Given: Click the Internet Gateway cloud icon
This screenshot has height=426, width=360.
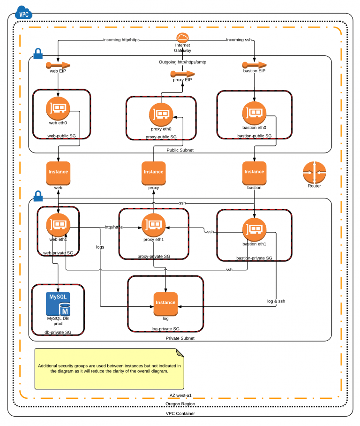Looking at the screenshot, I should (182, 38).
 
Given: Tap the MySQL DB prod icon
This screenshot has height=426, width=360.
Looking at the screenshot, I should (58, 304).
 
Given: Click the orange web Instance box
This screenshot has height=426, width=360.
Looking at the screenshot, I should (58, 172).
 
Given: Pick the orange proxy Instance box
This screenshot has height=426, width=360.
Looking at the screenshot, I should (153, 172).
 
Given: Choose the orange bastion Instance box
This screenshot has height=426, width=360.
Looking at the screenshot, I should (254, 172).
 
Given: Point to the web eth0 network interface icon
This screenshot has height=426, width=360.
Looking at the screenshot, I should (58, 108).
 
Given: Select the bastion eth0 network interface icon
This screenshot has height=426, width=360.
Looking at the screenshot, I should (254, 113).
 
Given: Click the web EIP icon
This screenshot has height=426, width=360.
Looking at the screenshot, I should (59, 65).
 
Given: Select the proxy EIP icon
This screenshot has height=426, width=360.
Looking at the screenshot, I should (182, 74).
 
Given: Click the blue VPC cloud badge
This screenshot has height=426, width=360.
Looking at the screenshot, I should (23, 13).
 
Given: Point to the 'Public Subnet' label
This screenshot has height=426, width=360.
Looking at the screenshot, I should (180, 150).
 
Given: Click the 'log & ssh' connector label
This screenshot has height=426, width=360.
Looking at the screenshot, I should (276, 301).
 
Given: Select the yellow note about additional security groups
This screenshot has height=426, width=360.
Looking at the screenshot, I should (109, 369).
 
